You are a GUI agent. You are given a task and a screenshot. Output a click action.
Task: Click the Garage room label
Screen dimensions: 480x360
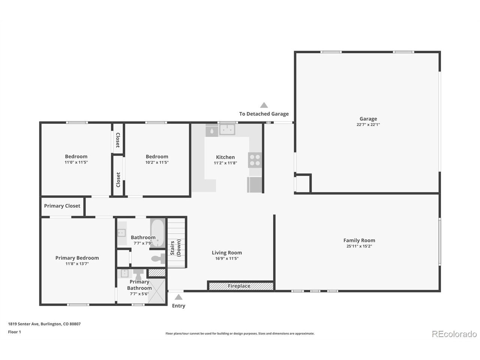pos(368,119)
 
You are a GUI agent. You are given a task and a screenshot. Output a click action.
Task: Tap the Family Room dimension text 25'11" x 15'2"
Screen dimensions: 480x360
pos(359,246)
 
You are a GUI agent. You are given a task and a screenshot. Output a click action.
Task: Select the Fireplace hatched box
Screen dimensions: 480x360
pos(241,286)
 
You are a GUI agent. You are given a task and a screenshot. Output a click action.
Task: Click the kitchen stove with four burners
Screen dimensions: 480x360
pos(255,160)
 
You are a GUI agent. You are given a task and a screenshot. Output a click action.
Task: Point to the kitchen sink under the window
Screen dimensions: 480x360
pos(227,129)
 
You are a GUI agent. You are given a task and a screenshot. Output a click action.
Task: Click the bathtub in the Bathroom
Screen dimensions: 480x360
pos(157,233)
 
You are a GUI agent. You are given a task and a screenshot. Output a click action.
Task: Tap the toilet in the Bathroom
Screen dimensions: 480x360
pos(158,259)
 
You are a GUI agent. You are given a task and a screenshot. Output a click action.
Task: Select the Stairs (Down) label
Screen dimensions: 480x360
pos(175,248)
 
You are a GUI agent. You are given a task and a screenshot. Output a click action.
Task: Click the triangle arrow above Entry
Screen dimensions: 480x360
pos(178,297)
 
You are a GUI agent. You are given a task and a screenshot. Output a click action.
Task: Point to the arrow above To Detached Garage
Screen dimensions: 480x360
pos(264,105)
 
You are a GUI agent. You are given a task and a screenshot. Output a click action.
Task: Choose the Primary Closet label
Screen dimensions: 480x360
pos(62,206)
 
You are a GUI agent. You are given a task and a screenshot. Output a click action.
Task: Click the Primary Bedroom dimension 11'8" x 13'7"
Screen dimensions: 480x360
pos(77,264)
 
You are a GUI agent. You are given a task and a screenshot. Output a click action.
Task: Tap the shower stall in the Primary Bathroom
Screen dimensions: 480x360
pos(157,291)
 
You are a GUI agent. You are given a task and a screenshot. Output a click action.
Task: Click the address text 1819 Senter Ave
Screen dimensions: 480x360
pos(24,324)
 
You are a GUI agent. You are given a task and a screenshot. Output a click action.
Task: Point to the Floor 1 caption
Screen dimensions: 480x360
pos(14,332)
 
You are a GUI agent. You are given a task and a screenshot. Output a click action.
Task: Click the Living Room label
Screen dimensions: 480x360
pos(227,253)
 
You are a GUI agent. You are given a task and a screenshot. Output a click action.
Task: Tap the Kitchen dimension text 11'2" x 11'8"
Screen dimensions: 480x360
pos(225,163)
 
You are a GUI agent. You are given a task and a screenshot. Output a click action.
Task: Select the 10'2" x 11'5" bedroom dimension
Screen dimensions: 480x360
pos(157,162)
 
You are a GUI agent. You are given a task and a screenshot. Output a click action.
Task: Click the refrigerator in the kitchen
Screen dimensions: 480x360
pos(255,185)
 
